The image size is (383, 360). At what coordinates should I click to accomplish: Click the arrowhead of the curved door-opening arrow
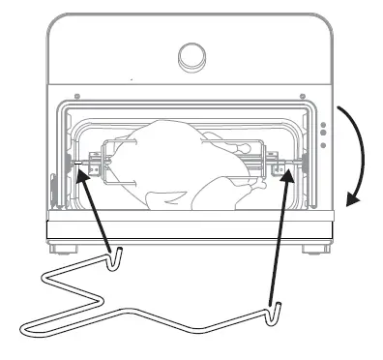click(353, 201)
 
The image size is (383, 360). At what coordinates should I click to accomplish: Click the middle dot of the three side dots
click(323, 135)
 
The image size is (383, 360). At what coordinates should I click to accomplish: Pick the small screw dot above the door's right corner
click(302, 95)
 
